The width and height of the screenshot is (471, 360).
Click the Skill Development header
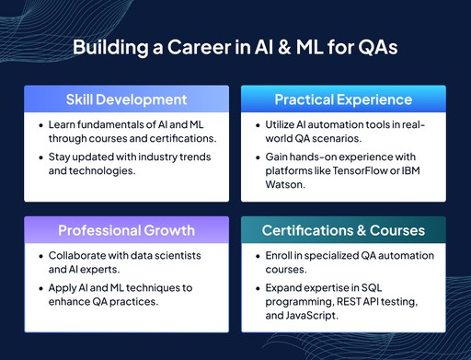point(126,99)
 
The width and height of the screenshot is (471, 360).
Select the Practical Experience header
point(343,99)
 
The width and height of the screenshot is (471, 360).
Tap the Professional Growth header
point(126,230)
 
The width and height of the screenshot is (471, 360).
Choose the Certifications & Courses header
point(343,230)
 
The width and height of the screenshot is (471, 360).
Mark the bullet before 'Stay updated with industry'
point(40,157)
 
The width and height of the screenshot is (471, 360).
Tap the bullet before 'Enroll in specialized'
point(258,255)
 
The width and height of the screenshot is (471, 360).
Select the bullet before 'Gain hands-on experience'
point(258,157)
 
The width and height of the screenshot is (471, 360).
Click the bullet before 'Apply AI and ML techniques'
point(40,287)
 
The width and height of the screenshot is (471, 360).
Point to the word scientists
point(175,255)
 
